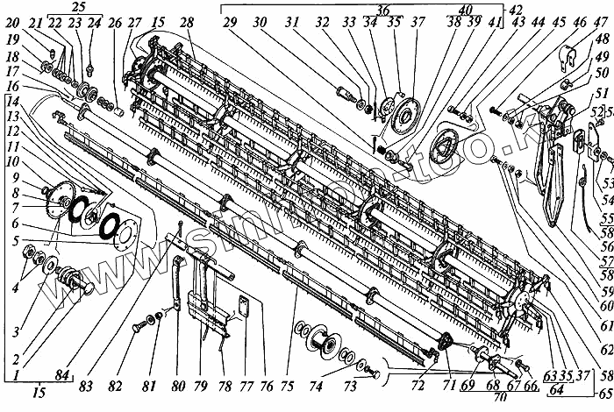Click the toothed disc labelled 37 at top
click(x=407, y=115)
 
